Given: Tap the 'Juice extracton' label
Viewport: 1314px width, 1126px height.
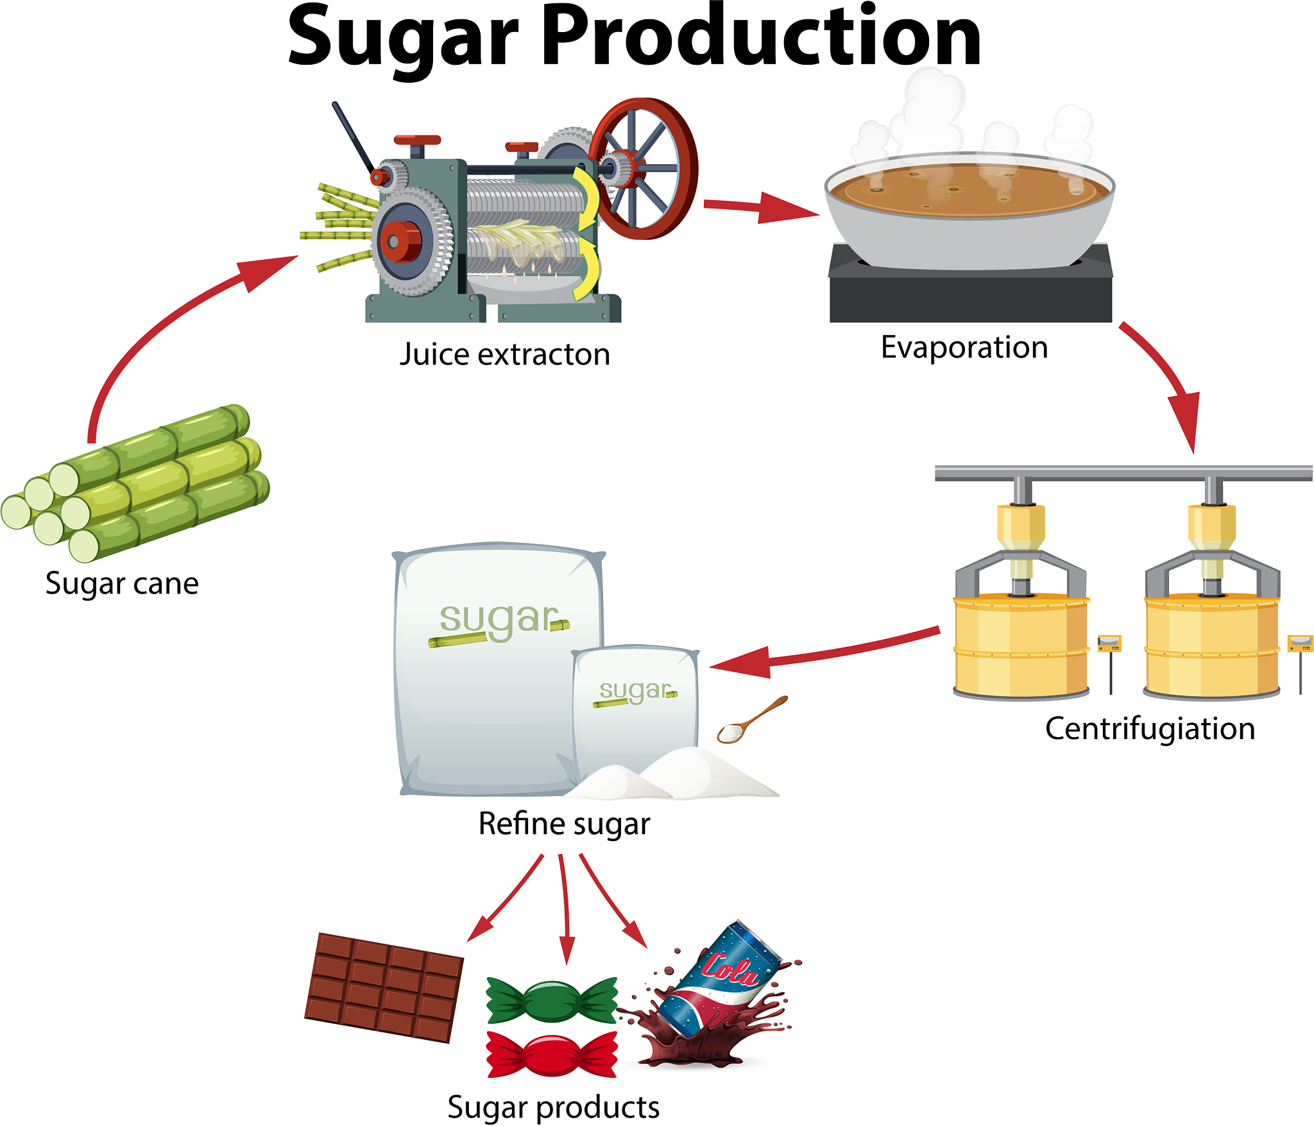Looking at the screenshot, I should [504, 354].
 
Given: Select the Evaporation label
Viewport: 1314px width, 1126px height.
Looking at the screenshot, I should [964, 347].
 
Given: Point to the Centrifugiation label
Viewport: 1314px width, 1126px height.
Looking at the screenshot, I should [1150, 729].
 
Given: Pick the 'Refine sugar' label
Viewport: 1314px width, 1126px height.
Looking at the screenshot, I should [564, 824].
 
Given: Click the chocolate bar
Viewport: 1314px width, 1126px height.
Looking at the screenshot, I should [384, 987].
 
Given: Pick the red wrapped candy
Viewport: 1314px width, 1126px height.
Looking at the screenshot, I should [552, 1053].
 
